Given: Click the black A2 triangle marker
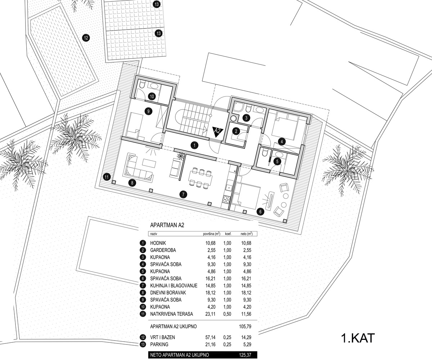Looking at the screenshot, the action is [218, 132].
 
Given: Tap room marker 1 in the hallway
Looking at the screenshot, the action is [194, 145].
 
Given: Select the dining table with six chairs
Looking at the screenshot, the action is [201, 178].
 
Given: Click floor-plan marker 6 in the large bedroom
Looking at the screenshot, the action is [260, 211].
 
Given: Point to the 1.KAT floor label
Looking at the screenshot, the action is [358, 338].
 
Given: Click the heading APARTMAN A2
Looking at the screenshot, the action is [167, 225].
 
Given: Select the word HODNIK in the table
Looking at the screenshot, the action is [158, 243].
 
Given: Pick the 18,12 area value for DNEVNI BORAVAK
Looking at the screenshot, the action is [210, 293].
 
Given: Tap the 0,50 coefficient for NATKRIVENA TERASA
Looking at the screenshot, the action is [227, 314].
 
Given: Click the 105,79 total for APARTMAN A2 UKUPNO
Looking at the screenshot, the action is [245, 327].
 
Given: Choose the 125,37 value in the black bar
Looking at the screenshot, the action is [245, 355].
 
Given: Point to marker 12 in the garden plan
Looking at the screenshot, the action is [86, 38].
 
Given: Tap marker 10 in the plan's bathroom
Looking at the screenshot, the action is [152, 96].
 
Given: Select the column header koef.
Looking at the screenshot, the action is [228, 234].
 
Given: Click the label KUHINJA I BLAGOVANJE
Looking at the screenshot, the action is [174, 286].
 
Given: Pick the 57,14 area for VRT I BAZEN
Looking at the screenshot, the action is [210, 337].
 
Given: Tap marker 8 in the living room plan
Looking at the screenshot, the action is [132, 183].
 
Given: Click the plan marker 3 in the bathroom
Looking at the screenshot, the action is [246, 118].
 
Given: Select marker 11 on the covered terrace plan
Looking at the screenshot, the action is [107, 177].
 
